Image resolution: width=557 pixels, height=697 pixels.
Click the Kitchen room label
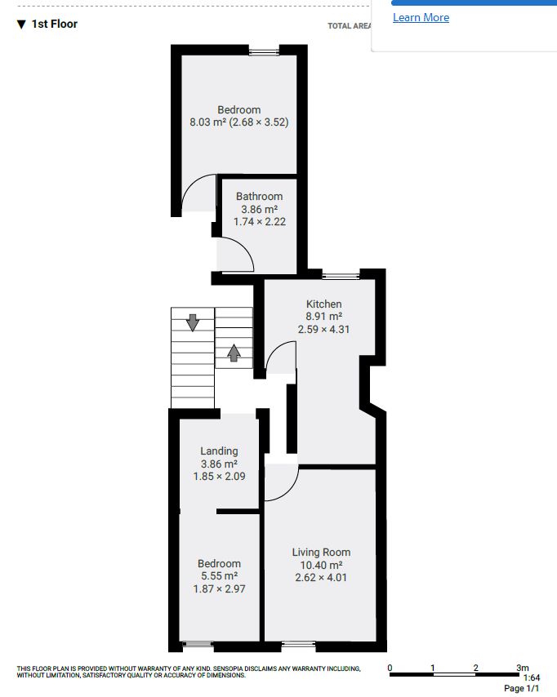(324, 304)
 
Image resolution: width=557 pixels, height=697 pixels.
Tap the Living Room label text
(321, 552)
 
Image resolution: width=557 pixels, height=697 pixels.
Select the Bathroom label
(260, 197)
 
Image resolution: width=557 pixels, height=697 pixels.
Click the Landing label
(219, 451)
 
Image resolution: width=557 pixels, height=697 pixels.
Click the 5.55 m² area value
(219, 576)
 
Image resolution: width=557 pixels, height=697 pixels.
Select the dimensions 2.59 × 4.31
(324, 330)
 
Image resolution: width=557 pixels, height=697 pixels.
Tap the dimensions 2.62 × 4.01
(321, 577)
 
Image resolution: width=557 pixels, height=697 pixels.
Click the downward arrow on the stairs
(193, 322)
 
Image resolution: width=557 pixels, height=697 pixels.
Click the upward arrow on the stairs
(234, 353)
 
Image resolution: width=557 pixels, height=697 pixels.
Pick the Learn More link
(421, 17)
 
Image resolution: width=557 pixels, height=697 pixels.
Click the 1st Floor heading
(54, 24)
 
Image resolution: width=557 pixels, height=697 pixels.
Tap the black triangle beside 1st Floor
(21, 24)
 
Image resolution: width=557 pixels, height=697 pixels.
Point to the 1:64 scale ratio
(532, 678)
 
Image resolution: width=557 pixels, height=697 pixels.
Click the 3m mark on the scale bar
(523, 668)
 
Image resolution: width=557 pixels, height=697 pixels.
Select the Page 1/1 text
(521, 689)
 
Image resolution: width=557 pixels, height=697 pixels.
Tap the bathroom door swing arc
(242, 246)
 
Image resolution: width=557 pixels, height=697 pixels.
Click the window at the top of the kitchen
(341, 276)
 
